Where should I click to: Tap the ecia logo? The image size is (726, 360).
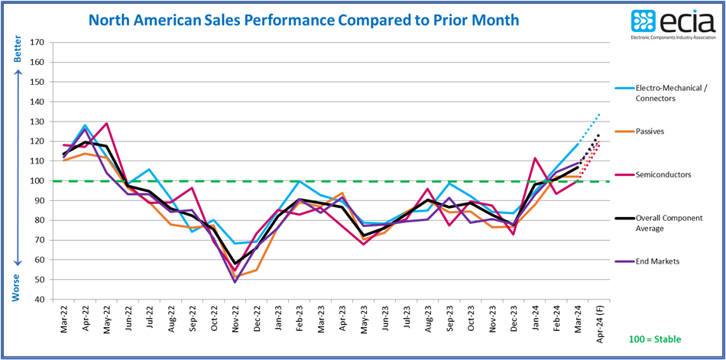[673, 24]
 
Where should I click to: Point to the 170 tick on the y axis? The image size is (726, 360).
[35, 42]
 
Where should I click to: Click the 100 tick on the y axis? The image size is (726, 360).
[35, 181]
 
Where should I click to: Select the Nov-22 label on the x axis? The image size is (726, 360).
[235, 322]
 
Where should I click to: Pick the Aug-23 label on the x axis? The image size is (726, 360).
[429, 322]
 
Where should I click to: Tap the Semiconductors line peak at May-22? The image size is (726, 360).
[106, 123]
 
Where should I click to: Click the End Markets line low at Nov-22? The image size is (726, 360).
[235, 282]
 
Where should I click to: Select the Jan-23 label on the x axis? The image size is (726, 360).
[279, 322]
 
